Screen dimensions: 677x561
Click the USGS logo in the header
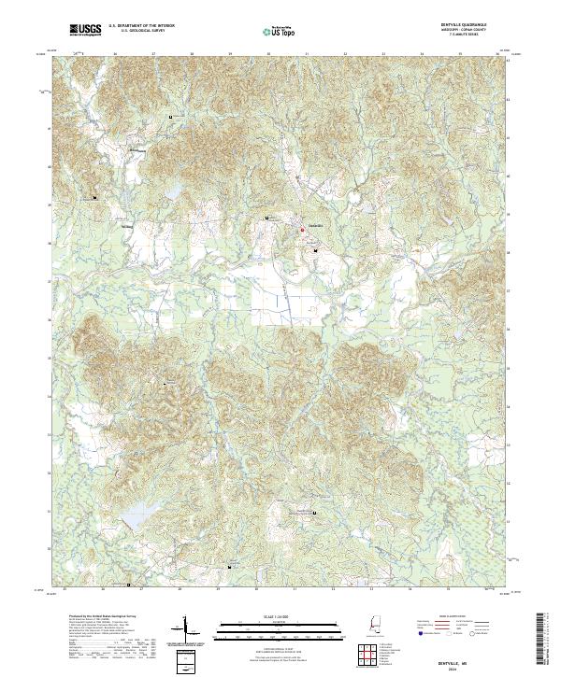click(85, 30)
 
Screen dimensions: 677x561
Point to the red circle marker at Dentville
click(301, 230)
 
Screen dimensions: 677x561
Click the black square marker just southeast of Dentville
click(315, 251)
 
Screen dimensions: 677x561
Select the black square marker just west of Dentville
click(267, 219)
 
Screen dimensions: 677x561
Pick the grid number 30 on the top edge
click(269, 54)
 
